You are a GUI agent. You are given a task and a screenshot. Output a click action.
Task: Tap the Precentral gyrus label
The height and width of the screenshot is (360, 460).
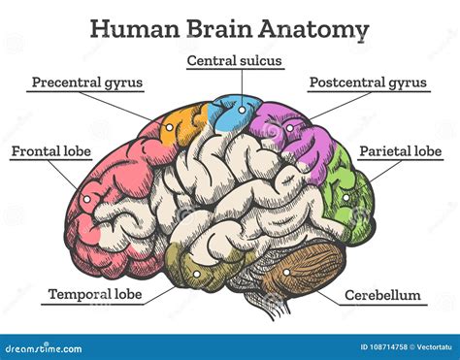[87, 82]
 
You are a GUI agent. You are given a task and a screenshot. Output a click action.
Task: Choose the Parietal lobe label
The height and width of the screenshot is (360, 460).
[400, 151]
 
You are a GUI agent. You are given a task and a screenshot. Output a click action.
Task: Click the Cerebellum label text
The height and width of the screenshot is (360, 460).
[384, 295]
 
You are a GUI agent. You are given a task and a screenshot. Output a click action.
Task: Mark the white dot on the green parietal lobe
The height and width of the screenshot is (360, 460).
[345, 196]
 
